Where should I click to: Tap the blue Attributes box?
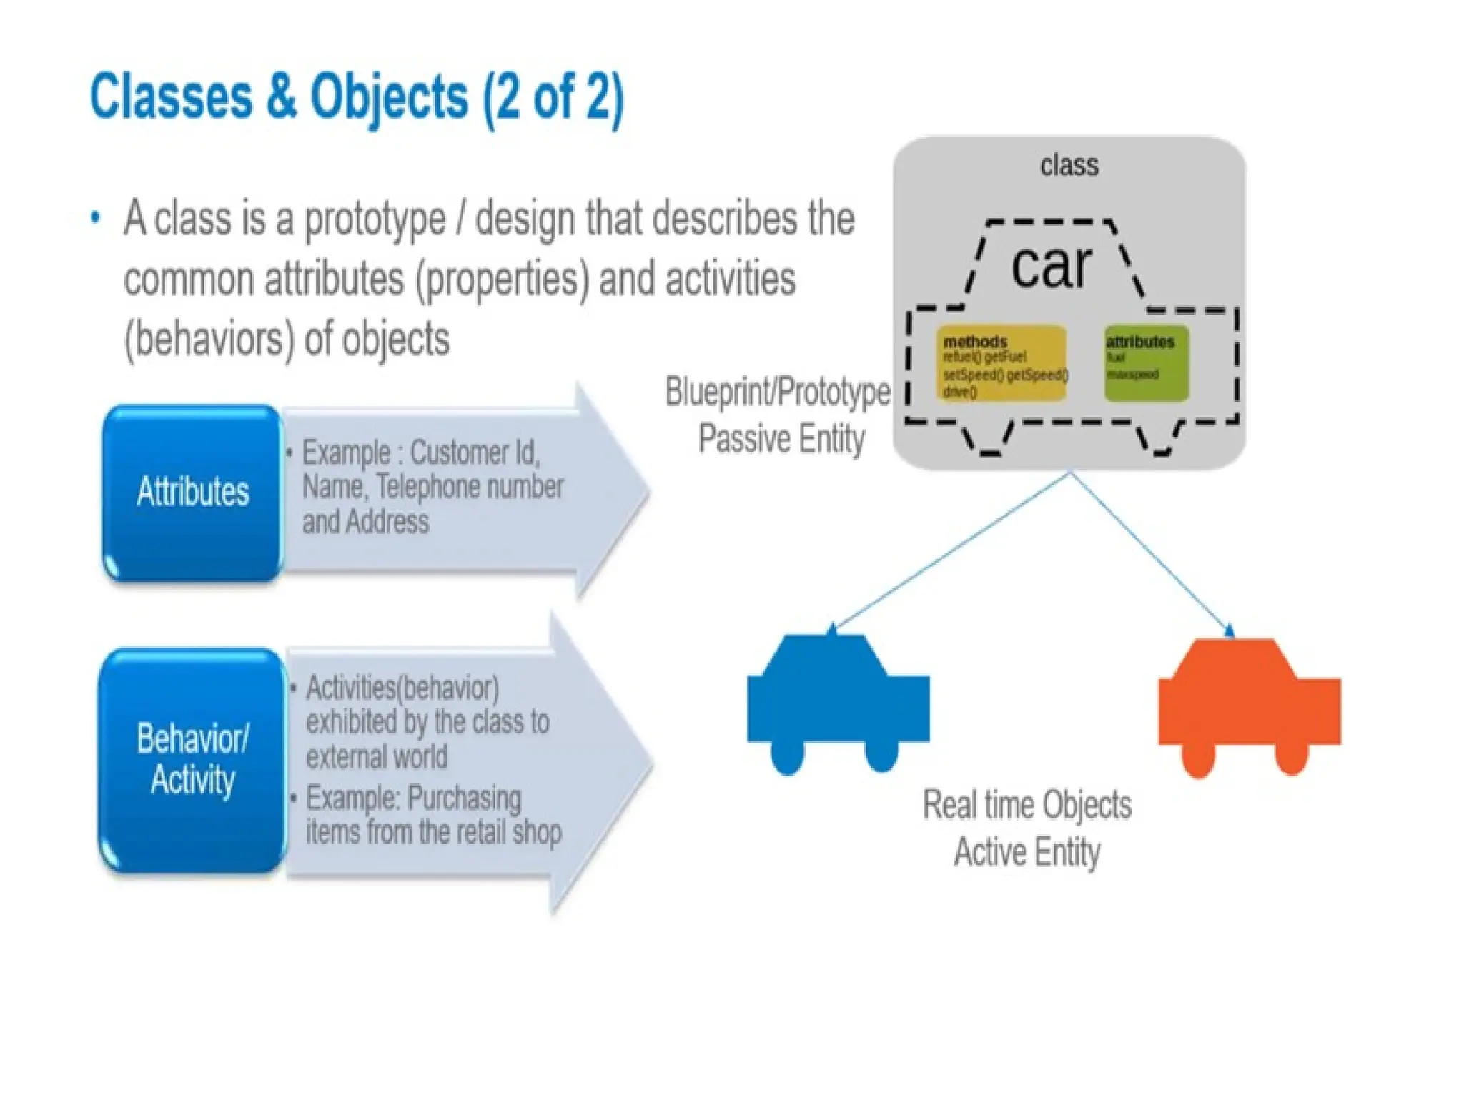(192, 492)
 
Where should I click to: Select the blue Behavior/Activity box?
(192, 759)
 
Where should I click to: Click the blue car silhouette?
(838, 701)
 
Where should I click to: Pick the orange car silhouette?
(1249, 704)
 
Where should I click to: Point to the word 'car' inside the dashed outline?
(1051, 266)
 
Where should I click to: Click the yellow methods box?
(1001, 364)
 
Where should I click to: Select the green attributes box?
(1146, 363)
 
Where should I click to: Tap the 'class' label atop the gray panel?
(1069, 165)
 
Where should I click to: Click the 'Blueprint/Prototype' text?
(777, 392)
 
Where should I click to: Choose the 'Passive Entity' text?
(781, 438)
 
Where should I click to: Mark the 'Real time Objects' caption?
(1027, 805)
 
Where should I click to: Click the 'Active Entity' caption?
(1027, 852)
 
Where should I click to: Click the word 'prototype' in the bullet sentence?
(375, 219)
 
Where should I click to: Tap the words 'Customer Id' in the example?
(475, 452)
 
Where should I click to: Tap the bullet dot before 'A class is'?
(96, 218)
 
